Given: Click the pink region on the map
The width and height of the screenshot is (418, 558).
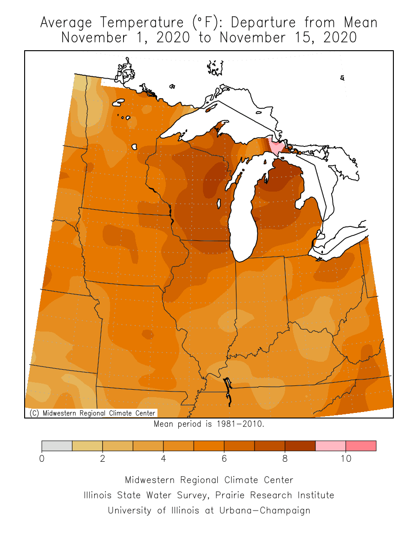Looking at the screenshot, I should click(x=278, y=148).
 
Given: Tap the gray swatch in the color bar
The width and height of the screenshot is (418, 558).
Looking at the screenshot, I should click(x=57, y=445).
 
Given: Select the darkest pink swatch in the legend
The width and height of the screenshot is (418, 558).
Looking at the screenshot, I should click(x=361, y=445).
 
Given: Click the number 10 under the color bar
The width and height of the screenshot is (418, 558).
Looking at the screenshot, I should click(x=346, y=458).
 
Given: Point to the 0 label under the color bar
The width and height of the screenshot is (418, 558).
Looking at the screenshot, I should click(x=42, y=458).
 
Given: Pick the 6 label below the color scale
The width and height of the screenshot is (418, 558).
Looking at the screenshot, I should click(x=224, y=458).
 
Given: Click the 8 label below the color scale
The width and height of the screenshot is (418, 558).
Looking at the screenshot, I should click(x=285, y=458).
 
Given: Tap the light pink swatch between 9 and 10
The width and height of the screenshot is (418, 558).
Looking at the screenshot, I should click(x=330, y=445).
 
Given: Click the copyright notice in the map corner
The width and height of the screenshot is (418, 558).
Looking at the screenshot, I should click(x=91, y=413).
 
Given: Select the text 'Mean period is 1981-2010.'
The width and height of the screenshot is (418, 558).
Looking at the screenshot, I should click(x=209, y=424).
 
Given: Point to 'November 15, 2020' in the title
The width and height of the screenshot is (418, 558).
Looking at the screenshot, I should click(x=288, y=38).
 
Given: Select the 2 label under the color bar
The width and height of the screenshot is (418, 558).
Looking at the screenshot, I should click(x=102, y=458).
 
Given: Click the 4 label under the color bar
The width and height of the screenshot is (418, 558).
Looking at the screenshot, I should click(x=163, y=458).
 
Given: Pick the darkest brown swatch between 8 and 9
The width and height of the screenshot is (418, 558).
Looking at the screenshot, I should click(x=300, y=445).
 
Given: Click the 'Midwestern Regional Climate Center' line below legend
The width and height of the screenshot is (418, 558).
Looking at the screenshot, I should click(x=209, y=480).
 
